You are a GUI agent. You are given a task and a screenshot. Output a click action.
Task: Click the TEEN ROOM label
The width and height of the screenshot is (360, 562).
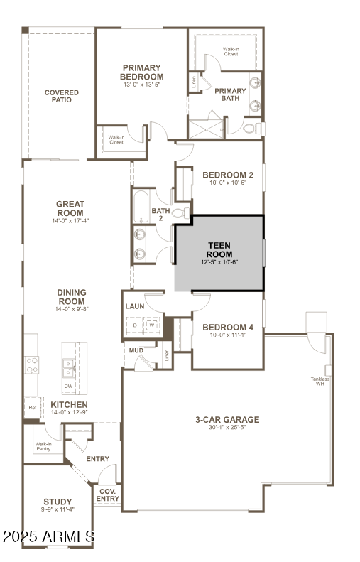[219, 249]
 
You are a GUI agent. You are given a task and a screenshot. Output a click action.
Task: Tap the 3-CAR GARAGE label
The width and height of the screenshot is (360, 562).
[227, 419]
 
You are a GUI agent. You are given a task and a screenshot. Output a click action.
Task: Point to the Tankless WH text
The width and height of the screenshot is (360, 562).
[319, 381]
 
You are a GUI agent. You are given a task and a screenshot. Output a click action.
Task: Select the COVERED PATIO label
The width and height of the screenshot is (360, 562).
[62, 96]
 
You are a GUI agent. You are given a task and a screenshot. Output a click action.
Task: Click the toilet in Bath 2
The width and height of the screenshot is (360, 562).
[180, 212]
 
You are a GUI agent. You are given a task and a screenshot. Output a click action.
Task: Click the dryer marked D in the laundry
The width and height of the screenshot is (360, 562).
[135, 325]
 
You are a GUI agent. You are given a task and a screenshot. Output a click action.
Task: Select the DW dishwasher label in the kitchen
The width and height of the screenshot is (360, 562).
[68, 386]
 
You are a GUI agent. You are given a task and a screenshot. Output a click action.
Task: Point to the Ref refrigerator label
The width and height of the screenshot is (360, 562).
[32, 407]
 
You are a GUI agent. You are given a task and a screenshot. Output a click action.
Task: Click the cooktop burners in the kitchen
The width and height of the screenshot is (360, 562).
[32, 365]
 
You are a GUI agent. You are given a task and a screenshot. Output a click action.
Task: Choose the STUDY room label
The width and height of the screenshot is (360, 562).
[58, 502]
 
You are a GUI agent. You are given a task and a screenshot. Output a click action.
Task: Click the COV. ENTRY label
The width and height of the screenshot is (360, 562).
[107, 495]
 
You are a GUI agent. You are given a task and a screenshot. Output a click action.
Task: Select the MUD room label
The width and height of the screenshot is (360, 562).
[136, 350]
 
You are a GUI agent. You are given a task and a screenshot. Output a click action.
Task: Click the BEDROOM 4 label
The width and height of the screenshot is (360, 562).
[227, 328]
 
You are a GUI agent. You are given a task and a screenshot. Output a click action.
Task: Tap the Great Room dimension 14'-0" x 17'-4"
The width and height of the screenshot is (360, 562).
[71, 221]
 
